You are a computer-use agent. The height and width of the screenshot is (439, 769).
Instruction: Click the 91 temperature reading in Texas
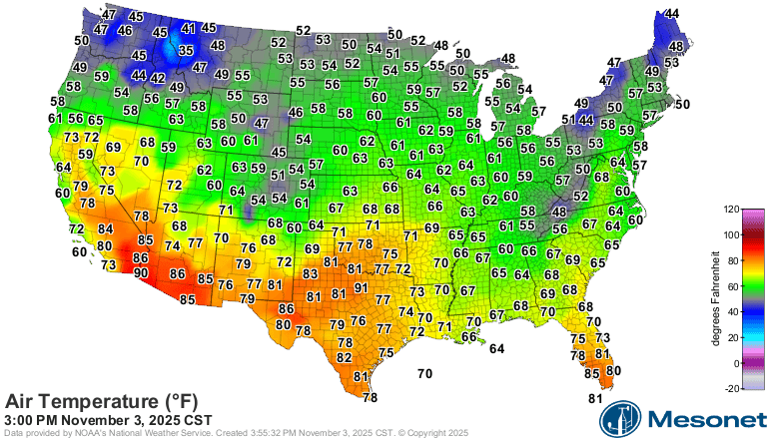tap(361, 287)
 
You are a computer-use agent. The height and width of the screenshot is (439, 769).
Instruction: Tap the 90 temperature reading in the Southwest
tap(141, 272)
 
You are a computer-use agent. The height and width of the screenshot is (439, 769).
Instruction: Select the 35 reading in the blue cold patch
tap(186, 50)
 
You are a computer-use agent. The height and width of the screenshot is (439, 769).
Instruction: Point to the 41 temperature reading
tap(189, 29)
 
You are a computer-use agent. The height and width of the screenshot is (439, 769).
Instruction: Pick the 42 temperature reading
tap(158, 77)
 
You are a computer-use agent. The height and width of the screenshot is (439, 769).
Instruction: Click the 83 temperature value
tap(311, 273)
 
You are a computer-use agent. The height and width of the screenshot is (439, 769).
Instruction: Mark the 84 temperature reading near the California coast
tap(106, 229)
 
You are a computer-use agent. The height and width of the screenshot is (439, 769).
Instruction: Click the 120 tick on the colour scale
tap(732, 210)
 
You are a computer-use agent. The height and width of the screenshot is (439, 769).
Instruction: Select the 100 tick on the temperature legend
tap(732, 235)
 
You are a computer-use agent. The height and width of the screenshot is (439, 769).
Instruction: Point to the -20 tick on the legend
tap(732, 389)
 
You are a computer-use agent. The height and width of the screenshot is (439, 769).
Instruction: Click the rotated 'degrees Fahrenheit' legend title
tap(716, 299)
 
